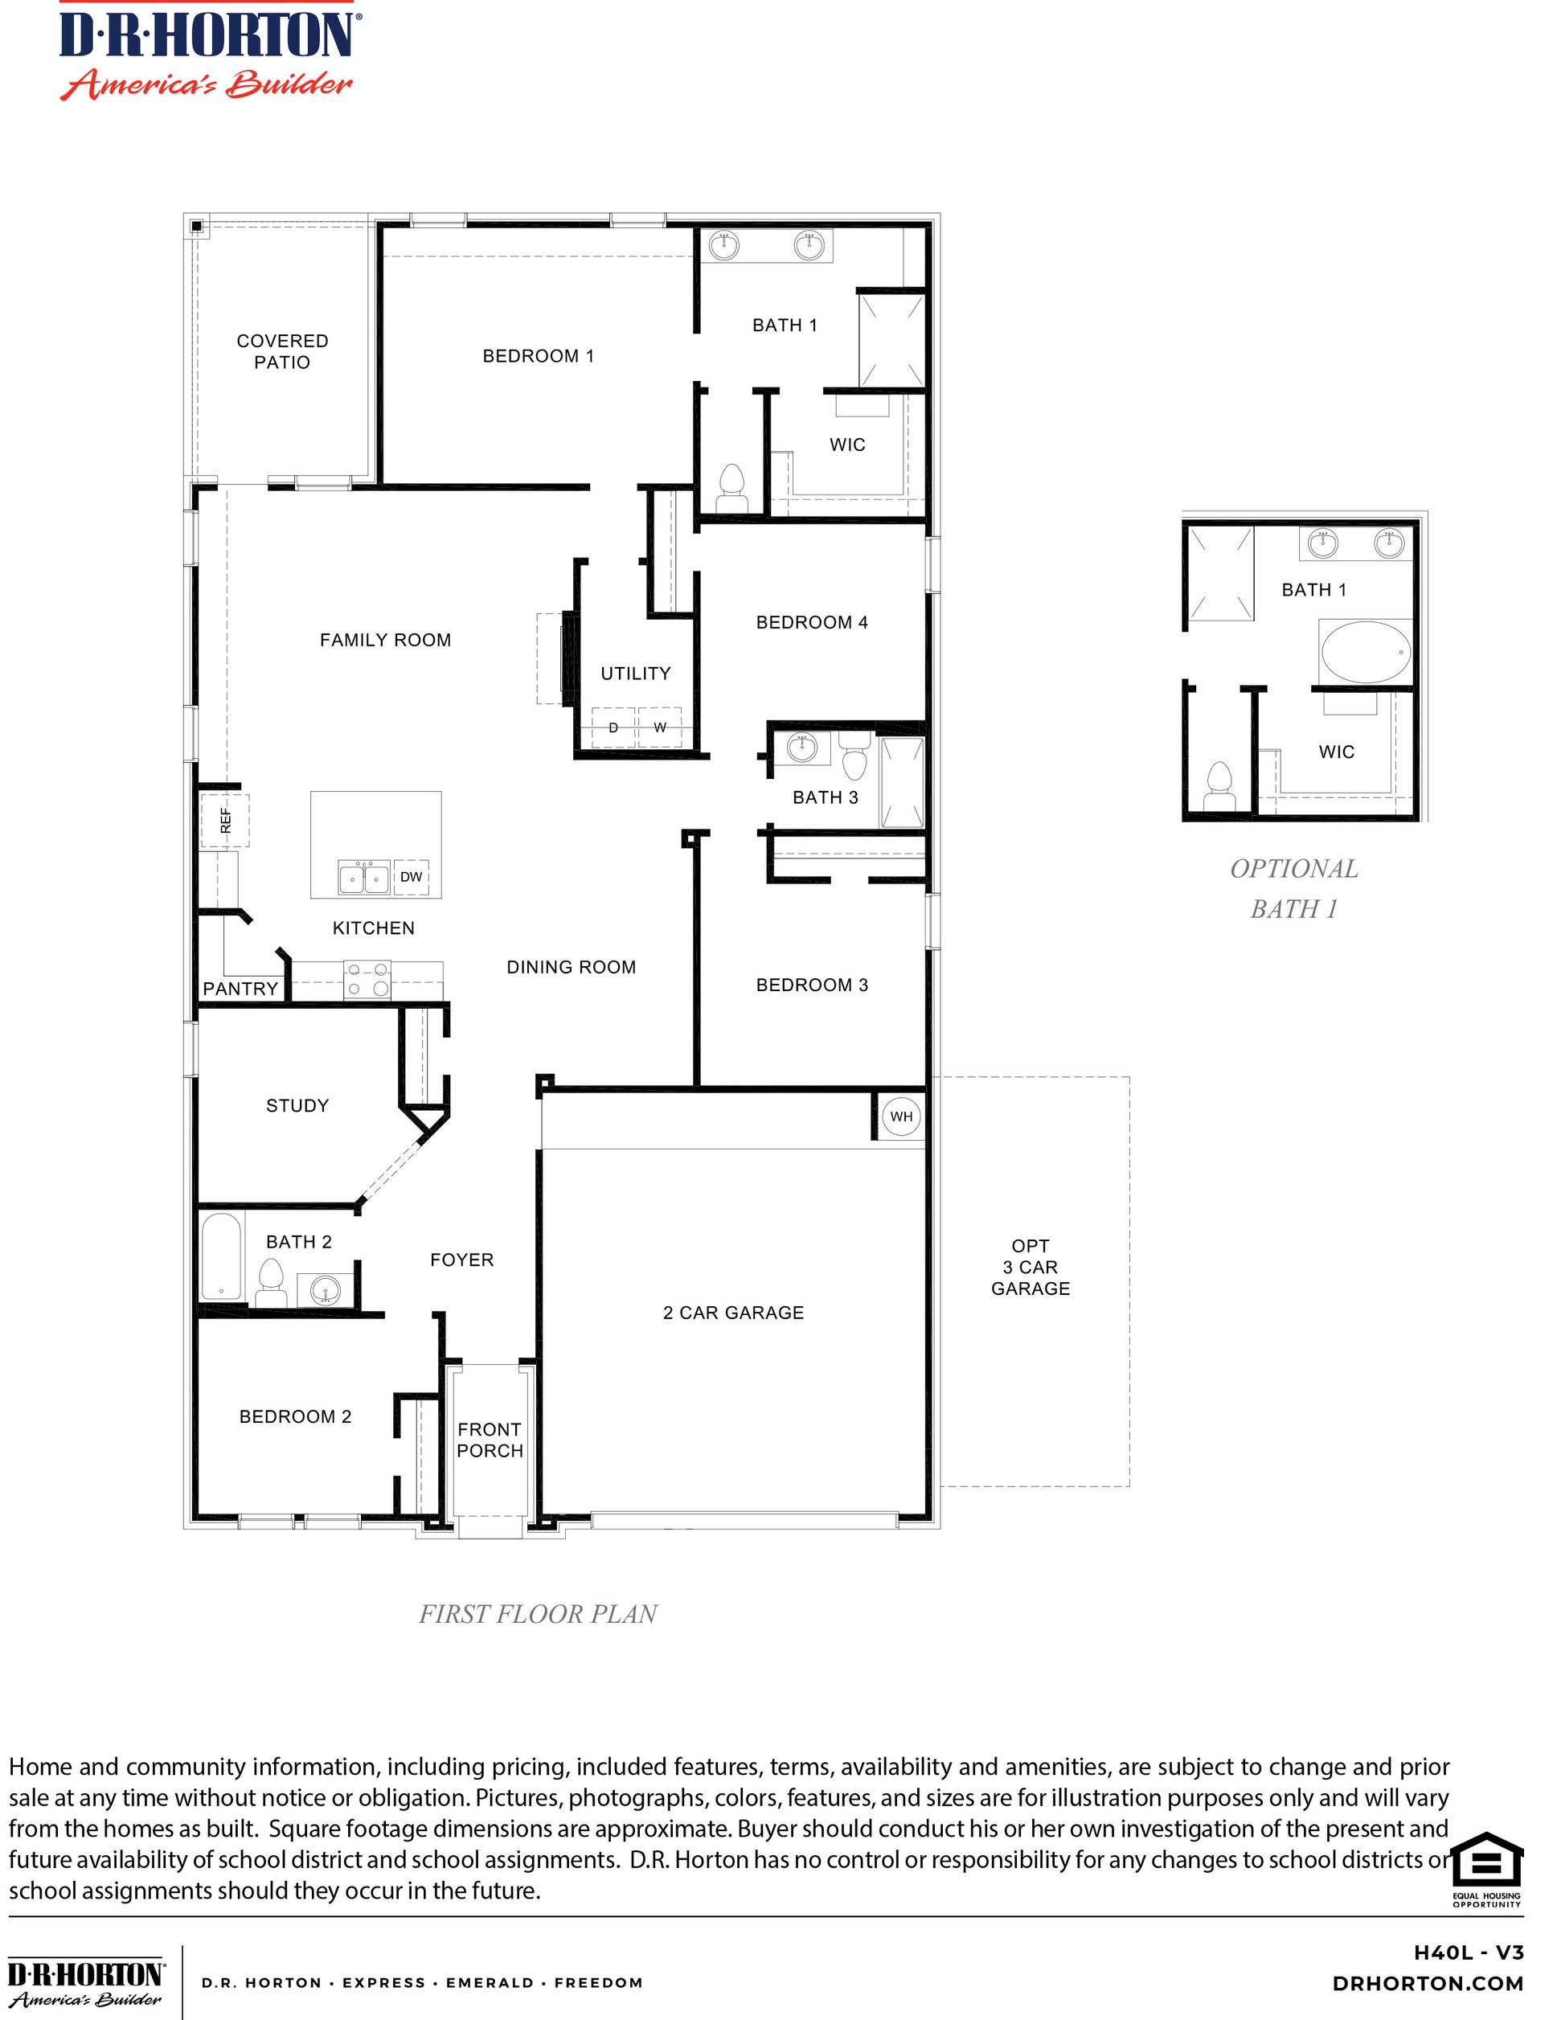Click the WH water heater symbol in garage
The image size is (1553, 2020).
(900, 1116)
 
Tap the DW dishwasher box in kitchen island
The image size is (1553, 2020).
(411, 876)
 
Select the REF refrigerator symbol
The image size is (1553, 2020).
(224, 820)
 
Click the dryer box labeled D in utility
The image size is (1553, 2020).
(613, 727)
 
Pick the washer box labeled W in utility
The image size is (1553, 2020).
(660, 727)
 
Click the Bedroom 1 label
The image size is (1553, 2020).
(538, 356)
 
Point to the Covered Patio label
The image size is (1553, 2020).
(282, 351)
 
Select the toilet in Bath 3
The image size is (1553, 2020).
(855, 757)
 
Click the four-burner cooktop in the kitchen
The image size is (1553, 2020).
(367, 980)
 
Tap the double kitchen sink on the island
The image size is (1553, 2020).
(363, 877)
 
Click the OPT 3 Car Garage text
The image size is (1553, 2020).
(1030, 1267)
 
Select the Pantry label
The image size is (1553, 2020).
(240, 988)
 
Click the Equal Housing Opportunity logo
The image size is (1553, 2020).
(1485, 1866)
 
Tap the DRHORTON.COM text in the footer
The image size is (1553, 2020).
(1428, 1982)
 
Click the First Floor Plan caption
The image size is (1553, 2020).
(538, 1614)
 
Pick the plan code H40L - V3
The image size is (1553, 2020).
(1468, 1952)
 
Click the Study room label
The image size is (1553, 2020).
(297, 1106)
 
